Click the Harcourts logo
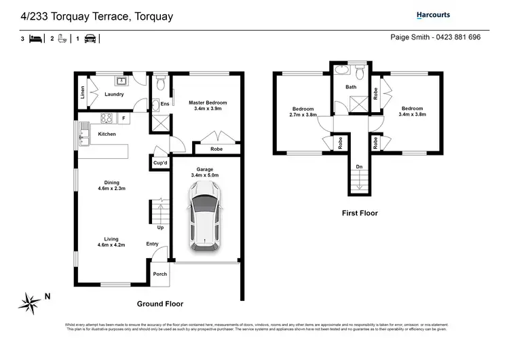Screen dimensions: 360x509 coord(433,15)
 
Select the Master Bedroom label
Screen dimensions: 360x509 coord(208,103)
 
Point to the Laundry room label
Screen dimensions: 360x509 coord(114,94)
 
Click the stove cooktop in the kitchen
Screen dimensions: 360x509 coord(107,118)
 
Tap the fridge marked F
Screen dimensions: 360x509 coord(124,118)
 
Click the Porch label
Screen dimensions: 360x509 coord(159,274)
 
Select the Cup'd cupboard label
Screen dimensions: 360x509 coord(159,163)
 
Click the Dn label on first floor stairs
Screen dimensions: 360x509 coord(358,166)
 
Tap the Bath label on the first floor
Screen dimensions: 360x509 coord(350,87)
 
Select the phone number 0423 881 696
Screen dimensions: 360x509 coord(458,37)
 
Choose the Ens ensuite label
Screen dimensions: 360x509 coord(164,104)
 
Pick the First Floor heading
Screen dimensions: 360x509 coord(359,213)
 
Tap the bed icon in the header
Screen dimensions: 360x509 coord(36,39)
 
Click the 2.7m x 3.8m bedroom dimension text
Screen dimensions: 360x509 coord(303,115)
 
